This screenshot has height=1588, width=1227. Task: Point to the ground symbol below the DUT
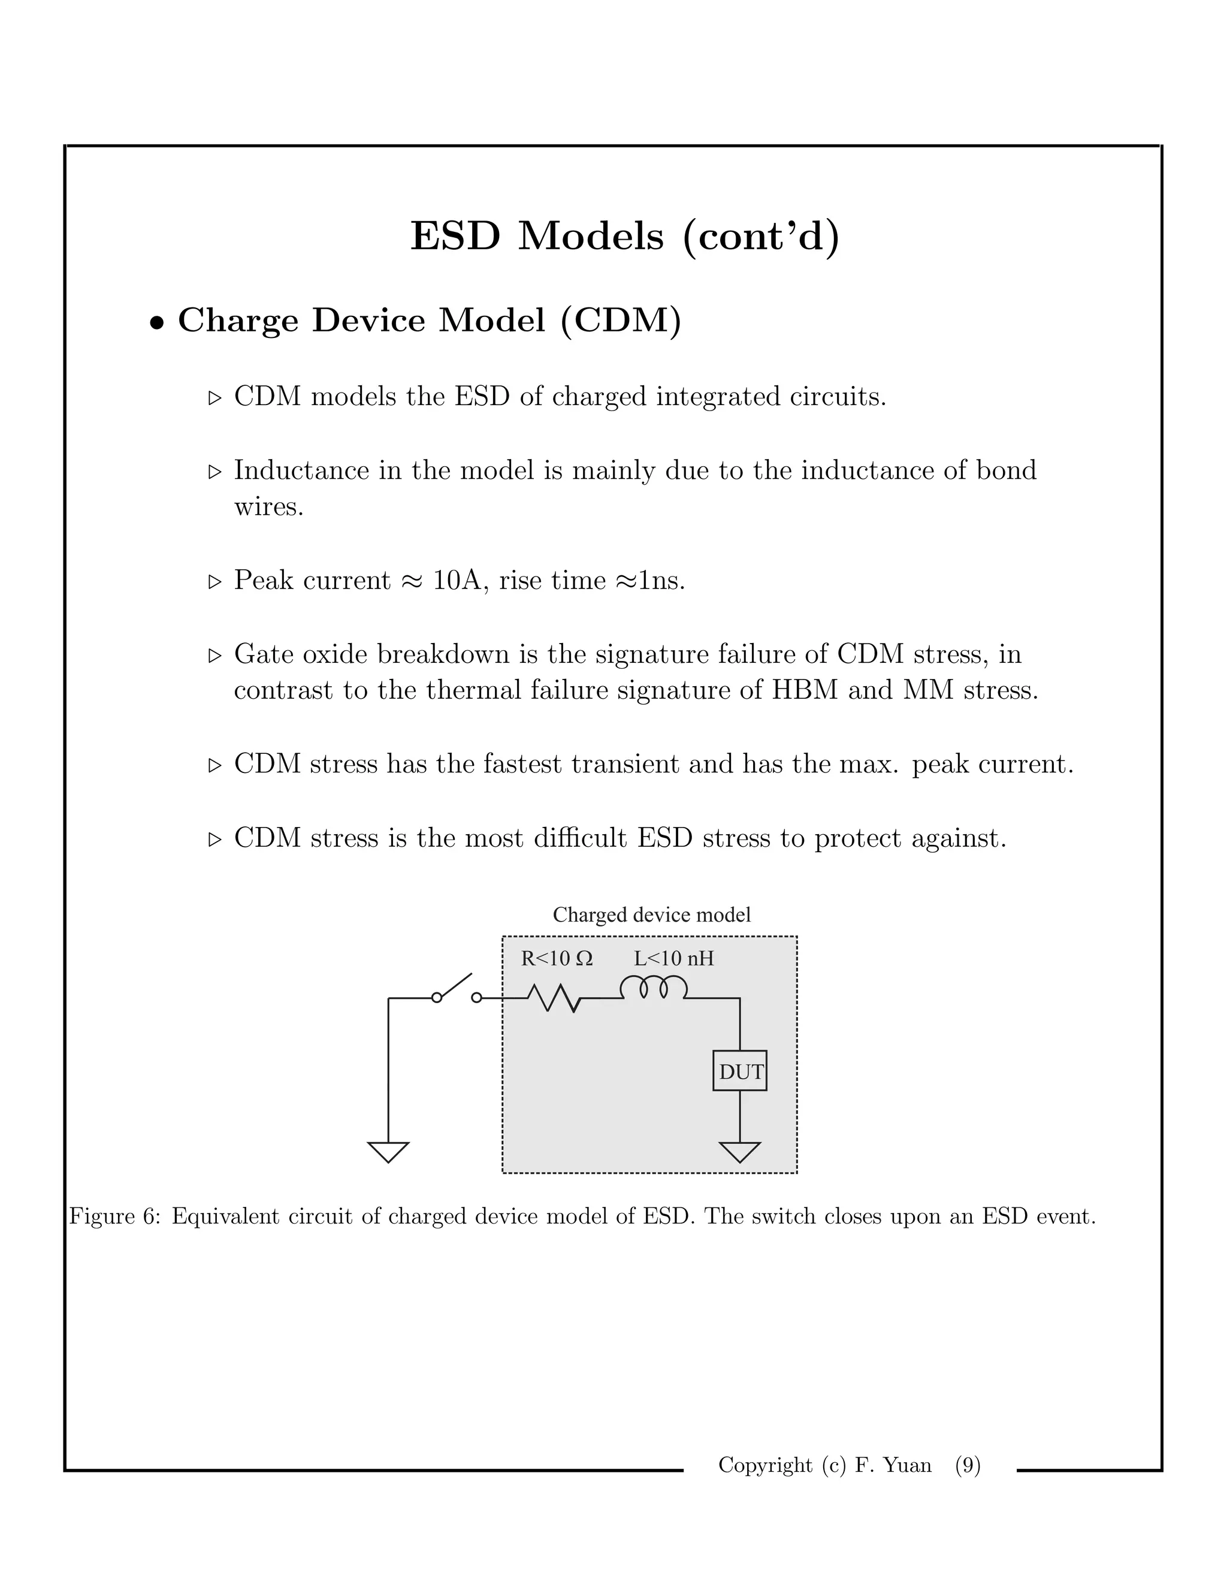[x=739, y=1152]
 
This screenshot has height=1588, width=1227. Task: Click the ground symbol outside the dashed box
[x=388, y=1152]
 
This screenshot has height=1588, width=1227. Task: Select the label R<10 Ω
[x=557, y=958]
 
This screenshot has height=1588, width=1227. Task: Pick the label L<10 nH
[x=674, y=958]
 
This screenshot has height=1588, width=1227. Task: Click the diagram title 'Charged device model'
[x=651, y=914]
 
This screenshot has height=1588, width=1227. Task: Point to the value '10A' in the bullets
[x=455, y=580]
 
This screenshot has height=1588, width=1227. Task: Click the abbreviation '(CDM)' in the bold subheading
[x=621, y=321]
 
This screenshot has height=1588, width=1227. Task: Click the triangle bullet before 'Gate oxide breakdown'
[x=214, y=655]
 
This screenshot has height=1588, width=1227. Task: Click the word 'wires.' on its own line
[x=268, y=507]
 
